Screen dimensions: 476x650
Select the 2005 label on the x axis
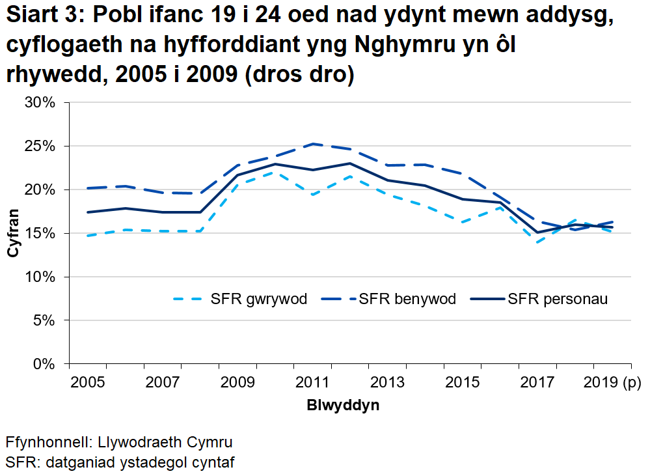(87, 382)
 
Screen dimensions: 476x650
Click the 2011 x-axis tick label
(312, 382)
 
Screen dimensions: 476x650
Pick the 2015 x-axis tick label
(462, 382)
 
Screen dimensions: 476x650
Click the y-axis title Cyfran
(13, 233)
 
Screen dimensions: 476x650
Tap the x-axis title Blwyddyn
(343, 405)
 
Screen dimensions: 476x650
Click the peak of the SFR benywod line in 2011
(313, 144)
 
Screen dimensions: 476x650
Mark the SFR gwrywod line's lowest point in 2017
(537, 242)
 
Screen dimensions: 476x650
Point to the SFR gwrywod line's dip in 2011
(313, 194)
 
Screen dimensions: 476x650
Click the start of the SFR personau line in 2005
(88, 212)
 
